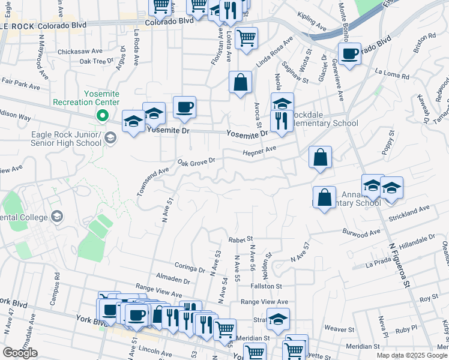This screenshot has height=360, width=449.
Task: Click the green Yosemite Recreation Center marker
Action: coord(103,116)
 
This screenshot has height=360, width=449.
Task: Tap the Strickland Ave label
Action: coord(410,213)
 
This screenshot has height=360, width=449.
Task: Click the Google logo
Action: coord(19,353)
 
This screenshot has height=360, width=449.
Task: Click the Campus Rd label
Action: coord(58,288)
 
